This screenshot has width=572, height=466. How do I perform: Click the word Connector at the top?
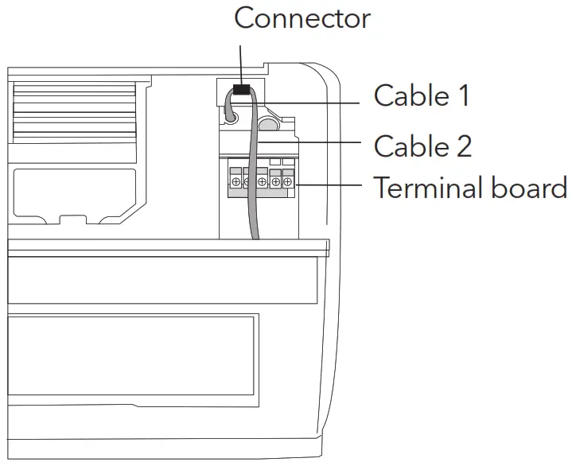click(x=302, y=17)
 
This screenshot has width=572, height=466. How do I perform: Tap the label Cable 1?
click(x=421, y=96)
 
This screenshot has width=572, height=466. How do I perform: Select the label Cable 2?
click(x=422, y=146)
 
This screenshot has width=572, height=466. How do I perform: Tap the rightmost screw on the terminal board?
click(x=287, y=183)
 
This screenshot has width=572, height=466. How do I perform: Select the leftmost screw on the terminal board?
click(x=236, y=183)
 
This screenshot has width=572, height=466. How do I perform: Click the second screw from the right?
click(x=275, y=183)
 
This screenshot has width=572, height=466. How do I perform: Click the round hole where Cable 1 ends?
click(x=230, y=116)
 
